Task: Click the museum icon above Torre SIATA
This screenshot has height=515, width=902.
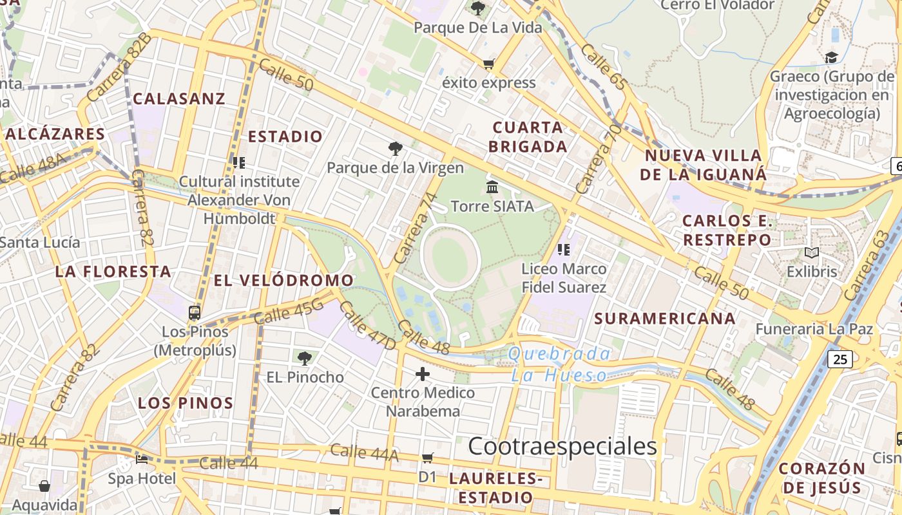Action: pos(492,187)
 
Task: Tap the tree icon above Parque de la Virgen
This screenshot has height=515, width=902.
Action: pos(395,149)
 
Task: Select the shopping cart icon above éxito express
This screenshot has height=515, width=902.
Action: pos(488,64)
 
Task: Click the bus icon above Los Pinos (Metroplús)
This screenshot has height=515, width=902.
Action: pos(195,313)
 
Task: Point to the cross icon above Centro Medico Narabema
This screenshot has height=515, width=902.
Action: pos(423,373)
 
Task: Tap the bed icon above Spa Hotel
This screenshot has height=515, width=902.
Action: pos(142,460)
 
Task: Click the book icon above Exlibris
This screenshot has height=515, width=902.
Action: pos(812,253)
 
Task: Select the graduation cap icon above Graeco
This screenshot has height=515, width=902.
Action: pos(831,58)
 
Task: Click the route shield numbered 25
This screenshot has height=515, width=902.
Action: pos(841,359)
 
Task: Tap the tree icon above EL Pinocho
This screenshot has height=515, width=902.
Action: pos(305,358)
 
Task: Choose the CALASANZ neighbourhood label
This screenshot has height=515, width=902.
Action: pos(179,98)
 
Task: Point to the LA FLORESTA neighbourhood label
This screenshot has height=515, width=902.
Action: pos(113,271)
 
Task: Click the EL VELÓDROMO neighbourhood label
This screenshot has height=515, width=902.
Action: pos(283,280)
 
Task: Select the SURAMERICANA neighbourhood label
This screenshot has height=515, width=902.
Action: pos(665,318)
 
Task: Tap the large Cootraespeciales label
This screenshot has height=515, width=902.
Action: pos(562,445)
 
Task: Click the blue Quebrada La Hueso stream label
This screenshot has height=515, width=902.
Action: pos(559,364)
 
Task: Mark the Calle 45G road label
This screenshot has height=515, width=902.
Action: pos(288,313)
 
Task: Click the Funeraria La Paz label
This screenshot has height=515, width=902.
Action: pos(814,329)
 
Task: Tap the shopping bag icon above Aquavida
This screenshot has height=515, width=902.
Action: pos(44,485)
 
